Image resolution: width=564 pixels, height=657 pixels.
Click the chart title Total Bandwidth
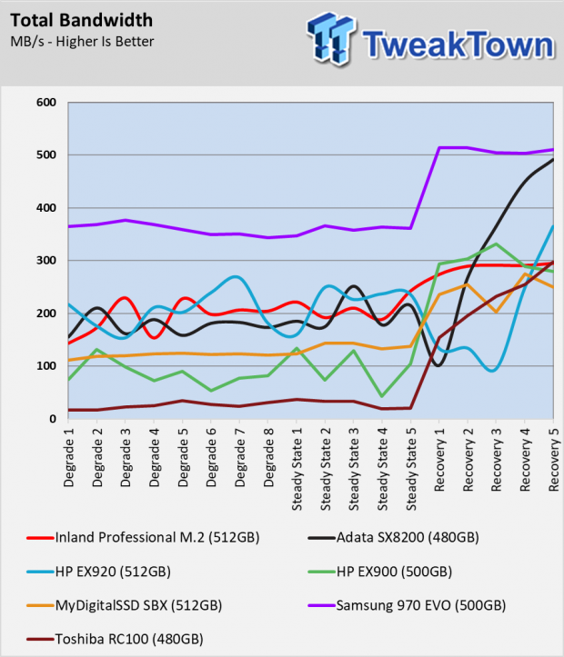[x=81, y=20]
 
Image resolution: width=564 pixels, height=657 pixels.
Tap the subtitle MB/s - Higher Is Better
[x=82, y=42]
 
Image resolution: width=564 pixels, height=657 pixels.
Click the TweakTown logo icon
[x=331, y=38]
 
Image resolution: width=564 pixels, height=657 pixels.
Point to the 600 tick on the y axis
[x=46, y=103]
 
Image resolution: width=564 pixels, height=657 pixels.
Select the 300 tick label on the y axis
[x=46, y=260]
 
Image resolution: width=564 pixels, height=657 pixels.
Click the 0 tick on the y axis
[x=53, y=419]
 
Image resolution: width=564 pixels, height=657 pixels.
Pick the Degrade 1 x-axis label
[x=68, y=457]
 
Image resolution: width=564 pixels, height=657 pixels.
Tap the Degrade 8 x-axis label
[x=268, y=457]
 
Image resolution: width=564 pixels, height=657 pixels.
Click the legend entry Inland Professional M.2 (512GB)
[x=143, y=538]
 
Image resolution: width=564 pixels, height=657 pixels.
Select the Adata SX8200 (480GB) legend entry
[x=393, y=538]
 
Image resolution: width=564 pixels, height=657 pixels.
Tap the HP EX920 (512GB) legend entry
[x=98, y=572]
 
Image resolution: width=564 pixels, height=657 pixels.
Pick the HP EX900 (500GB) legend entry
[x=380, y=572]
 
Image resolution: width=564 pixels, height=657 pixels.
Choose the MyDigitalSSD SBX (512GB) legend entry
[x=124, y=605]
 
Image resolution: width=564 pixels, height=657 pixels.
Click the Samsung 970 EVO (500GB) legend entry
[x=407, y=605]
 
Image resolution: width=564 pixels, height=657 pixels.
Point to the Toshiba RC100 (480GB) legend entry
[x=115, y=640]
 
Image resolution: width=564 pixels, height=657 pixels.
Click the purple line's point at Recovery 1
[x=439, y=147]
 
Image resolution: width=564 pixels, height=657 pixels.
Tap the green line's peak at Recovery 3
[x=496, y=244]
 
